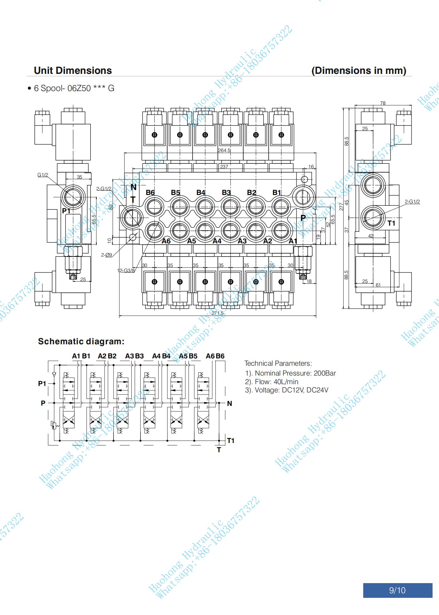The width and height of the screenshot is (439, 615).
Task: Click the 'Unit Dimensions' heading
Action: (x=73, y=71)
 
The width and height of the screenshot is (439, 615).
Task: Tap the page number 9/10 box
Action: (x=397, y=590)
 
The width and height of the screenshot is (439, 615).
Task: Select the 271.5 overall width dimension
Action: (x=218, y=313)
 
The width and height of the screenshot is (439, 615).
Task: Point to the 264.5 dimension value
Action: (x=224, y=151)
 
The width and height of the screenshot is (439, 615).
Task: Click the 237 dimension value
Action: (x=224, y=167)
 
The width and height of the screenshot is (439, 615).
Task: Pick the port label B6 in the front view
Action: (x=150, y=193)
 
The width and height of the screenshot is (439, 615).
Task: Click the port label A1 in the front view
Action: (x=293, y=241)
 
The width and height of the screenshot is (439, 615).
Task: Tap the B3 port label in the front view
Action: (x=226, y=193)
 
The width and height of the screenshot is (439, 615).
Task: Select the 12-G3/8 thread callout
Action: (x=126, y=270)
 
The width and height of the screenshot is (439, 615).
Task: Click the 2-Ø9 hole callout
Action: (x=106, y=255)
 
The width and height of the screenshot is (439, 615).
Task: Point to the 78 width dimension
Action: (x=383, y=103)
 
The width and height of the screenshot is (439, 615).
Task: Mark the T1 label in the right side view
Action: (x=391, y=223)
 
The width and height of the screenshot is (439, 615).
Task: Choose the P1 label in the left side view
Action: (x=66, y=211)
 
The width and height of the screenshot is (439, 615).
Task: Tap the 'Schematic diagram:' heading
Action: (x=81, y=342)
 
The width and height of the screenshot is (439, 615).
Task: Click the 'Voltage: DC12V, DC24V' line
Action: (x=287, y=390)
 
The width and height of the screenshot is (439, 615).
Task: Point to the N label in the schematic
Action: (x=229, y=403)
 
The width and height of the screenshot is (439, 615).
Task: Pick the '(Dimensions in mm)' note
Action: (x=359, y=71)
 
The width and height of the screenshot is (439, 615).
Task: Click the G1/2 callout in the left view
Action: (x=43, y=175)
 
